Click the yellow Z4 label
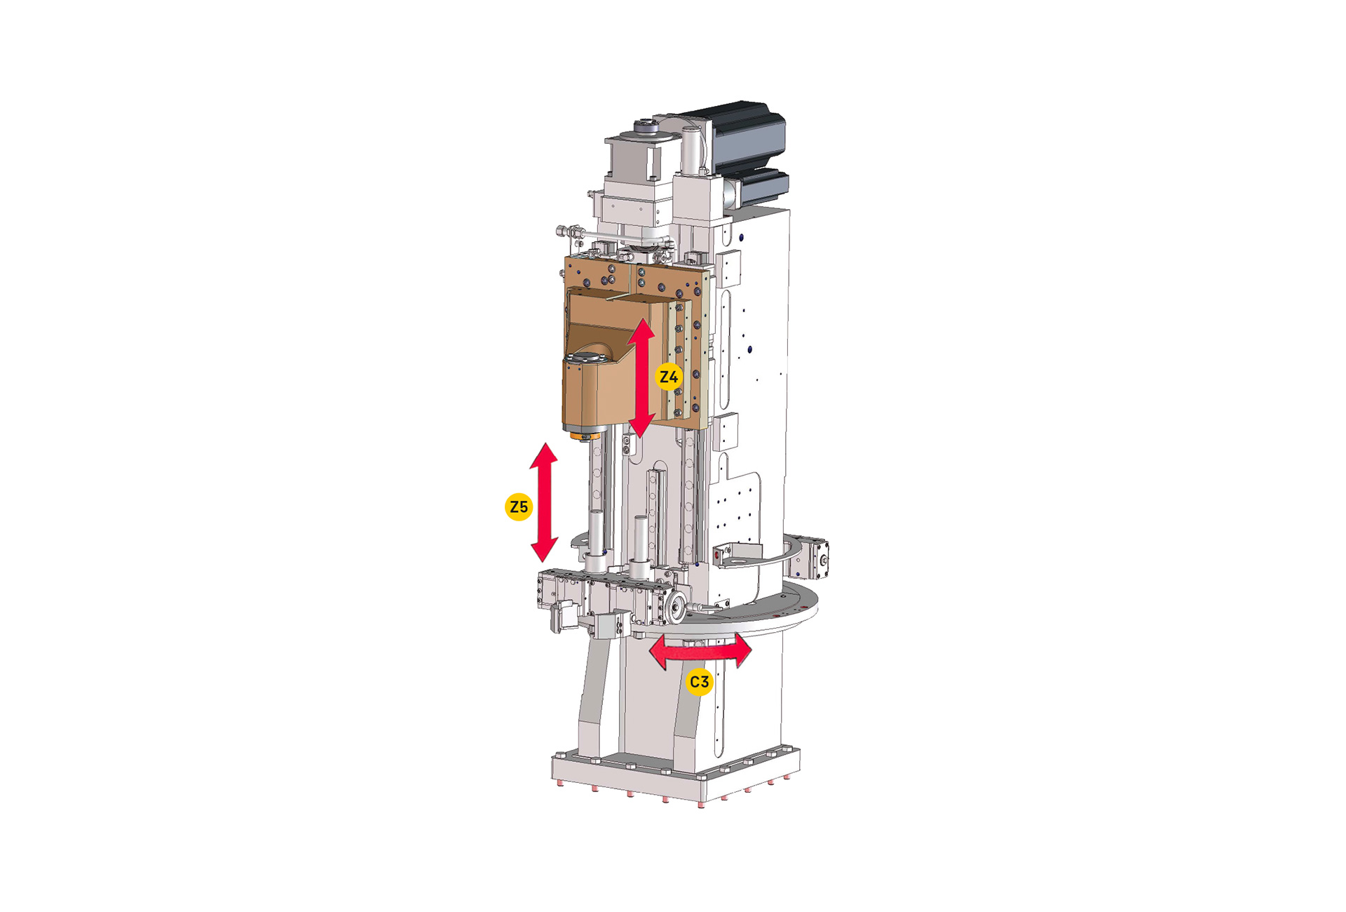coord(668,377)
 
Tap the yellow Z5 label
coord(519,507)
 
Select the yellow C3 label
coord(699,682)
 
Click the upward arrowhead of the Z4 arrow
coord(641,330)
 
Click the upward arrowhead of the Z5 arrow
coord(544,455)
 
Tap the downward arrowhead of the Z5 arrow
coord(544,549)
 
